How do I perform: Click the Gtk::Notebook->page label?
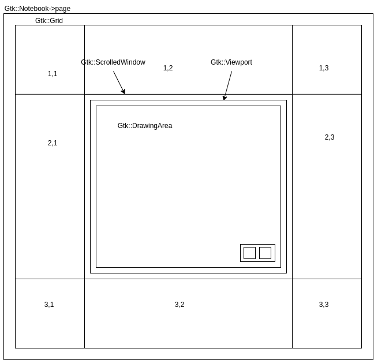(x=38, y=9)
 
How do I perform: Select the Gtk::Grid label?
(x=49, y=21)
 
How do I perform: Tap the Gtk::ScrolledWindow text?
(x=113, y=62)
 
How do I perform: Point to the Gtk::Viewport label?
(x=231, y=62)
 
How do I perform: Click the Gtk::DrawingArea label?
(x=145, y=126)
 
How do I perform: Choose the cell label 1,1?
(x=53, y=74)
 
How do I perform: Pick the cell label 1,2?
(x=168, y=68)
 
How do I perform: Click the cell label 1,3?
(x=324, y=68)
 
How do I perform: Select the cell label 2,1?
(x=53, y=143)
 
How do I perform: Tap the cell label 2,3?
(x=330, y=137)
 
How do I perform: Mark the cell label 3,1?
(x=49, y=305)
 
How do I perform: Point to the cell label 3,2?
(x=179, y=305)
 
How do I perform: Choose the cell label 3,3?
(x=324, y=305)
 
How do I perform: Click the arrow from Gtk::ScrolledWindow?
(x=119, y=82)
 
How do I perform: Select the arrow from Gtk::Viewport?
(x=228, y=85)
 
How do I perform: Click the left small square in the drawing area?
(x=249, y=253)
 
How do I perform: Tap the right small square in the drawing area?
(x=265, y=253)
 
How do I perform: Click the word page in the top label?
(x=63, y=9)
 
